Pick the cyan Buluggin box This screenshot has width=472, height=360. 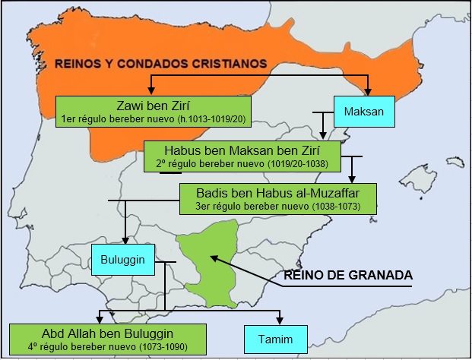point(122,260)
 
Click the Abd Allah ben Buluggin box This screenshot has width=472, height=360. point(108,339)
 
